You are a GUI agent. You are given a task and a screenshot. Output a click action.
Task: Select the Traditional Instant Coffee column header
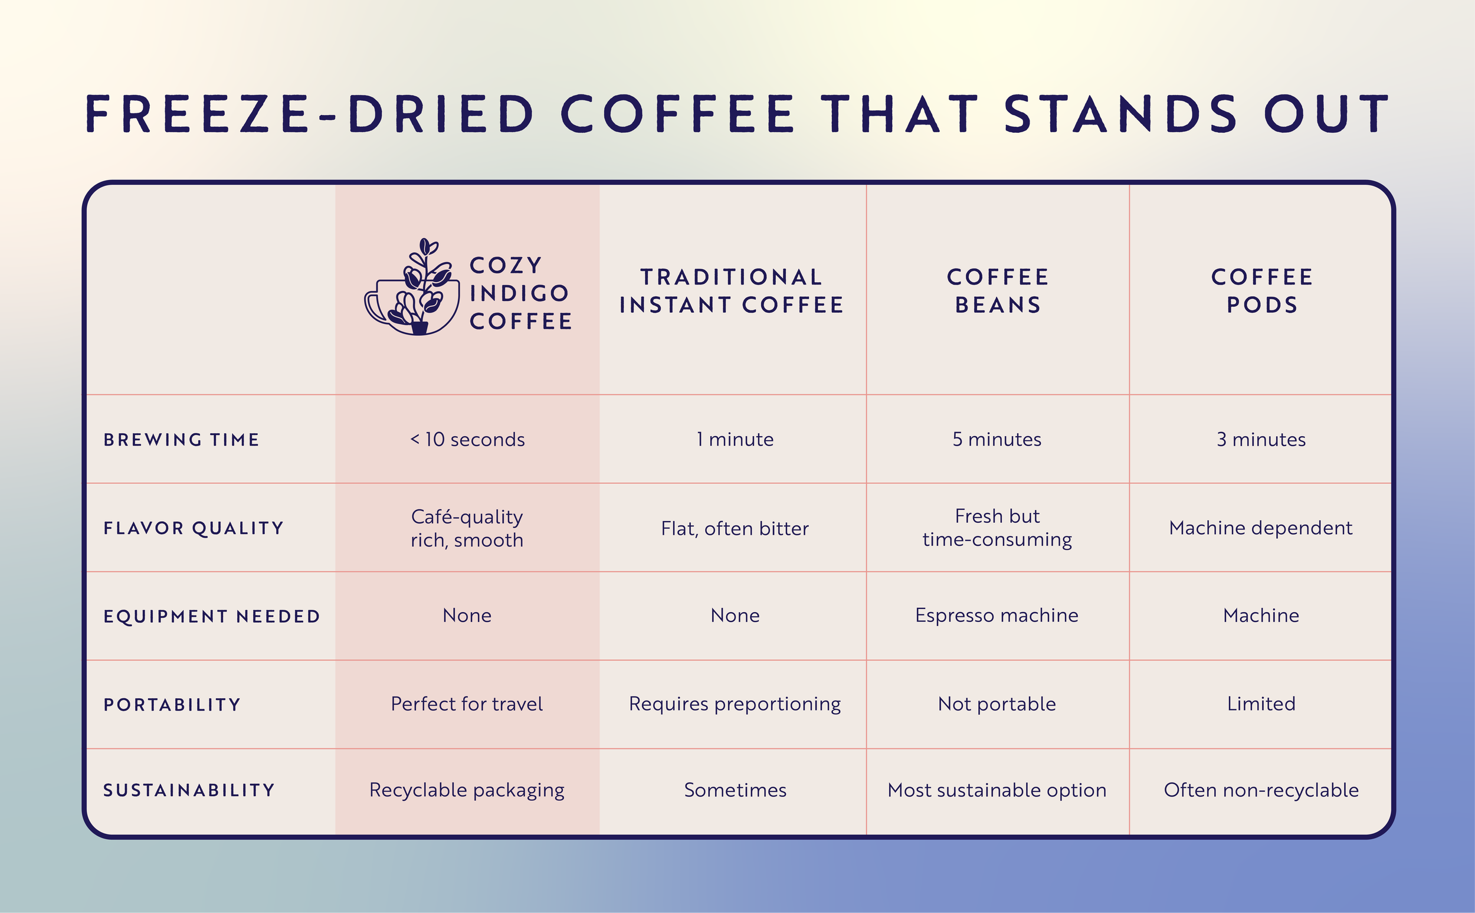coord(732,291)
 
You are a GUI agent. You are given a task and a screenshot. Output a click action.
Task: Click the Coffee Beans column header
coord(998,291)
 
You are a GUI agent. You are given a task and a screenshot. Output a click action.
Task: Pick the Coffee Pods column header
coord(1262,291)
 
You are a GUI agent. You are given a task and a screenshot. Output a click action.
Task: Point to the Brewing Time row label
coord(182,440)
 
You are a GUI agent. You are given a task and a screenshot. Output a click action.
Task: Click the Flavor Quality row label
coord(194,528)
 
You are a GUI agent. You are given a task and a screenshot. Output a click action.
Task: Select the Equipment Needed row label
coord(212,617)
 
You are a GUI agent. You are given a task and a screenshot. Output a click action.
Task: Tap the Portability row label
coord(172,705)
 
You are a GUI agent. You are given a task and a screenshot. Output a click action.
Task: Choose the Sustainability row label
coord(189,790)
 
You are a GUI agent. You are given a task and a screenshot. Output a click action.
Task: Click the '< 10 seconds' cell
coord(467,440)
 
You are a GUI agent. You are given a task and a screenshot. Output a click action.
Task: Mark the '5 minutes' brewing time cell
coord(997,440)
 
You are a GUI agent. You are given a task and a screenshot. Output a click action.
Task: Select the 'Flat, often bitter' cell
coord(735,529)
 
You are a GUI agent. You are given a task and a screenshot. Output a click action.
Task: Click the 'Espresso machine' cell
coord(997,616)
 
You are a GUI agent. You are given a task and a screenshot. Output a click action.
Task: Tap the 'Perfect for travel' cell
coord(467,704)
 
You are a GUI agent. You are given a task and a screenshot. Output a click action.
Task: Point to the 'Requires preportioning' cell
coord(735,704)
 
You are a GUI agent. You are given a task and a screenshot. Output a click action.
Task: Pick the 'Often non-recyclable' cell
coord(1261,790)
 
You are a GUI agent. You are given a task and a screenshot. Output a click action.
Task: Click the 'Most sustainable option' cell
coord(997,790)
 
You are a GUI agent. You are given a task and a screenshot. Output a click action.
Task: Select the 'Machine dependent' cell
coord(1260,528)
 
